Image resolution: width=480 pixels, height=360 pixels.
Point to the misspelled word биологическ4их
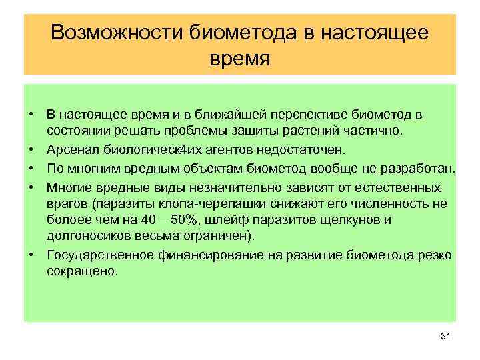tap(144, 151)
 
